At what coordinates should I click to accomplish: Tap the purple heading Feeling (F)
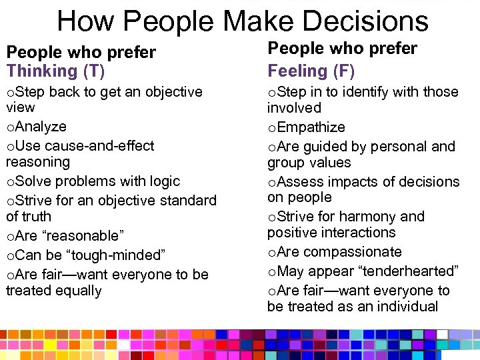[311, 71]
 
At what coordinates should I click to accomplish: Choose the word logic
[164, 181]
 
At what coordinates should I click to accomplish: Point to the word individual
[406, 307]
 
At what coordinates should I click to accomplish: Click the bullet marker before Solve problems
[9, 182]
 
